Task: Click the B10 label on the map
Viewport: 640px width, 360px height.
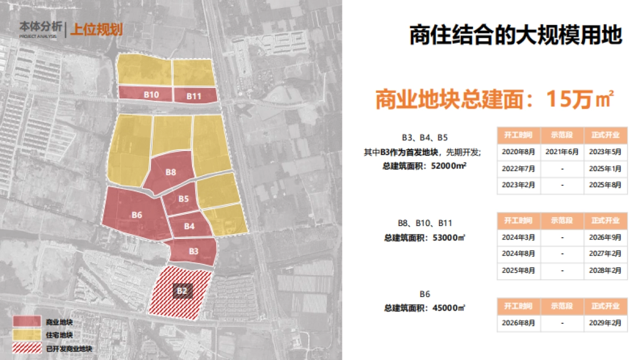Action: (151, 94)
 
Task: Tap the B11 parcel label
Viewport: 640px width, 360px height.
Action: (194, 96)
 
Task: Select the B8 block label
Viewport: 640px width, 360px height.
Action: (171, 172)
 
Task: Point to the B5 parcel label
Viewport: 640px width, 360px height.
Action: (183, 199)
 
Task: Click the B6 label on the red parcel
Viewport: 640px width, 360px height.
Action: (137, 214)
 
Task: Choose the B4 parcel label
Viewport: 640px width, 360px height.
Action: (189, 226)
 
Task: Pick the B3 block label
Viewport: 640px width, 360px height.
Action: (193, 251)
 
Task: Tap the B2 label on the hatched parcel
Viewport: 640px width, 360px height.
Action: (182, 291)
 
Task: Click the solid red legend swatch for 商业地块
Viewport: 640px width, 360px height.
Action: (27, 322)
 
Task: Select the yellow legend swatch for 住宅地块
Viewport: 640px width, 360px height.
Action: (27, 335)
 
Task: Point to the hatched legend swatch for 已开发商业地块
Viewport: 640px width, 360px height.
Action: (27, 349)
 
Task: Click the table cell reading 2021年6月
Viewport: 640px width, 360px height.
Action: (562, 151)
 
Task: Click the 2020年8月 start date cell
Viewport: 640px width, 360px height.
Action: (518, 151)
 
